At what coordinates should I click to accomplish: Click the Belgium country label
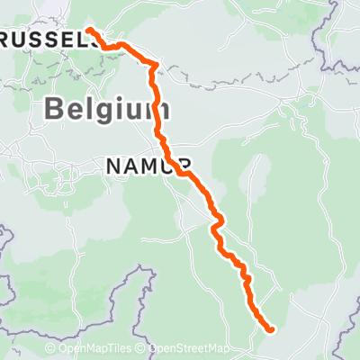click(106, 111)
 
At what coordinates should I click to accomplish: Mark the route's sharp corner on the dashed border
click(156, 65)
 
